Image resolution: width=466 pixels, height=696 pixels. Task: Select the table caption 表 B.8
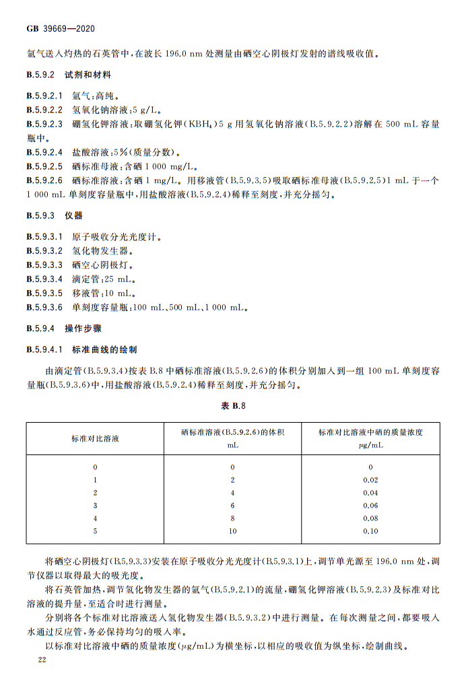coord(233,406)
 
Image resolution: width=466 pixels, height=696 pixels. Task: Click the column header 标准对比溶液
coord(95,438)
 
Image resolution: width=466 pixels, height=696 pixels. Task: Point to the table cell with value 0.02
coord(370,480)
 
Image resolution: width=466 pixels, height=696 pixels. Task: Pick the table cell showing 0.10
coord(370,531)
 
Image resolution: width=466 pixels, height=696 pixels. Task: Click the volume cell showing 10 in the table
coord(232,531)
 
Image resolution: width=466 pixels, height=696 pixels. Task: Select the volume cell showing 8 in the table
coord(232,518)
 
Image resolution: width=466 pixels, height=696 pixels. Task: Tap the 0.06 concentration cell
coord(370,506)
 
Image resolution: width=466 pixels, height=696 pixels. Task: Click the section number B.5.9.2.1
coord(44,96)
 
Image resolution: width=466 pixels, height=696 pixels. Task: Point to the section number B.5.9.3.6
coord(44,308)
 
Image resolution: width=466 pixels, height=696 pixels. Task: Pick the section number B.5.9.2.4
coord(44,152)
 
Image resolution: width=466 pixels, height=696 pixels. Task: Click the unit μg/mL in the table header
coord(370,445)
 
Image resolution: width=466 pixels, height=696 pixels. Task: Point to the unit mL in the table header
coord(232,445)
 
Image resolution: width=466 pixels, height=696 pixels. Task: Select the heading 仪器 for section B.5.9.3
coord(73,215)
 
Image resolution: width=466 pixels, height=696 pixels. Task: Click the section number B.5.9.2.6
coord(44,180)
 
